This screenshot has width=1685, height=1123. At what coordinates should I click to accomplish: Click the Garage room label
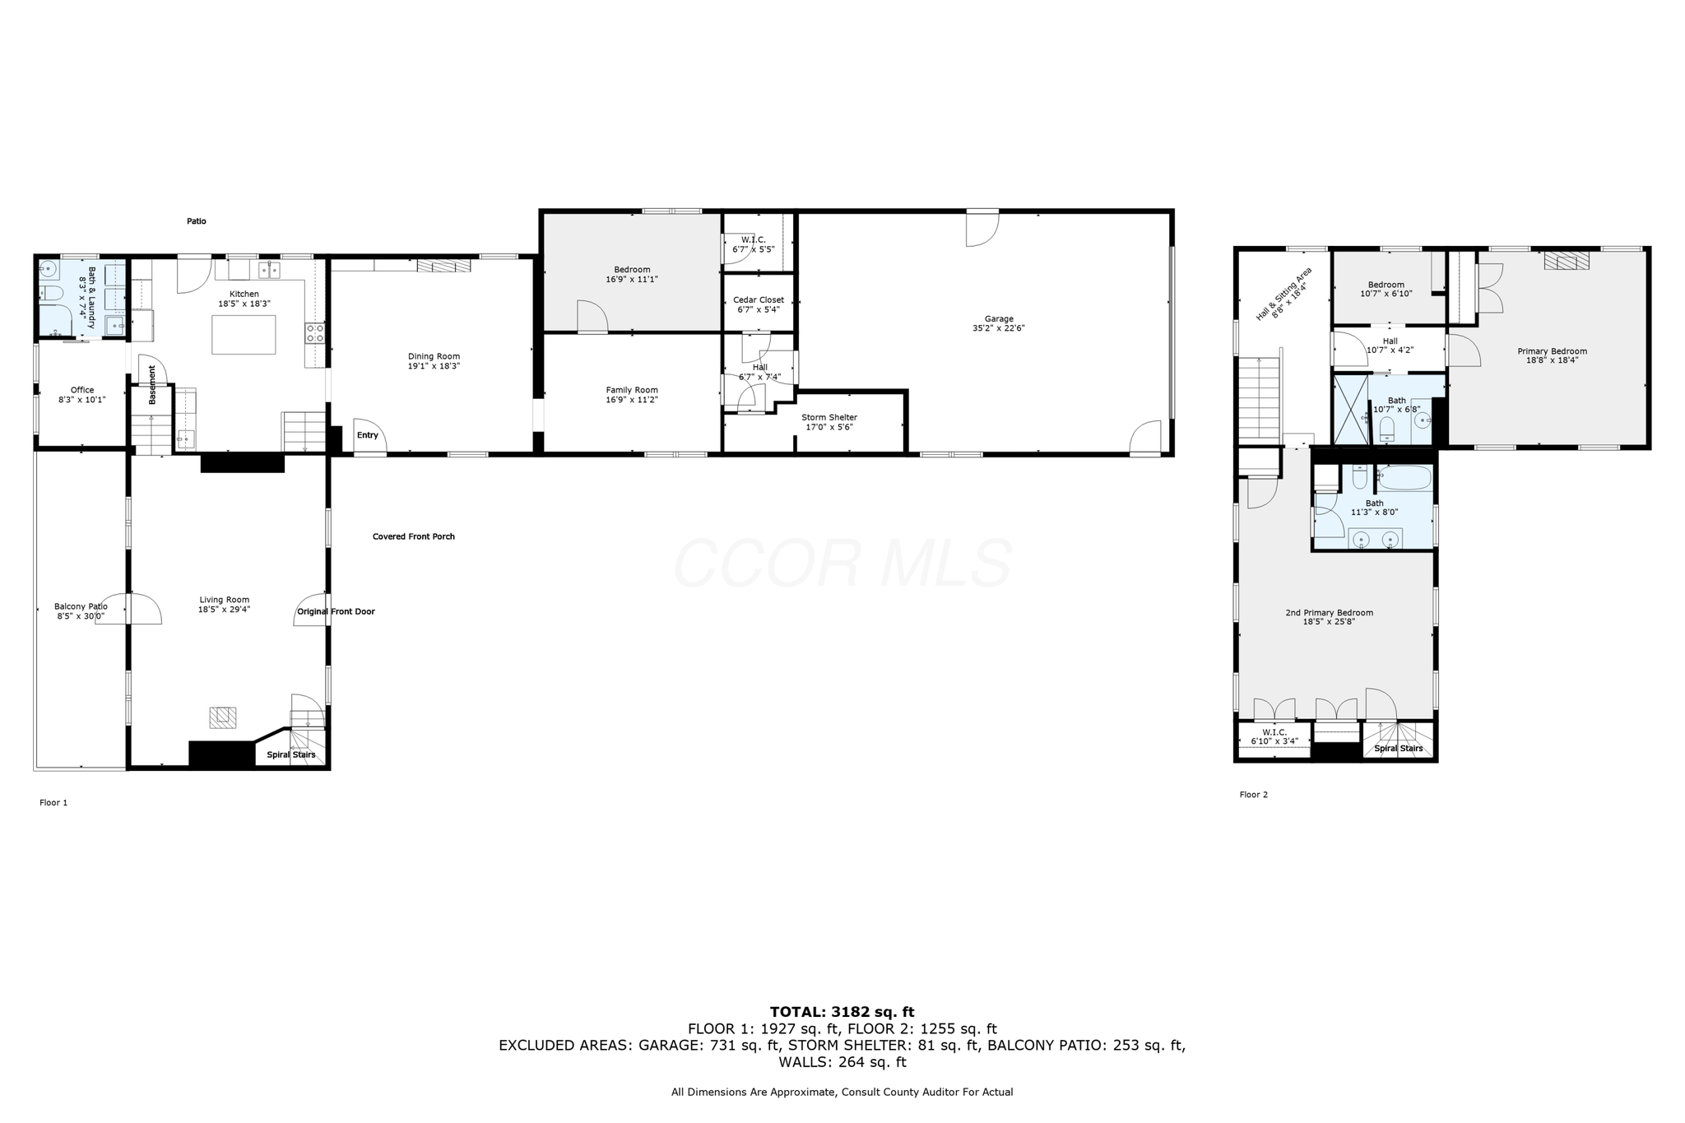999,318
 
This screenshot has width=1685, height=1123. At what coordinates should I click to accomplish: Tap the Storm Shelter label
829,417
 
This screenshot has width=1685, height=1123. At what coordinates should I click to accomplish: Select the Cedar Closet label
759,300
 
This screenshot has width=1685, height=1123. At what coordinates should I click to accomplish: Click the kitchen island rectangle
244,335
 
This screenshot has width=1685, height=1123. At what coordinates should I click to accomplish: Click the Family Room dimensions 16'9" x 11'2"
632,400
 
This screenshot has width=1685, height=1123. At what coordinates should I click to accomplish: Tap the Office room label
82,390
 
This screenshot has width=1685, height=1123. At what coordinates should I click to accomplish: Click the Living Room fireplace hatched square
223,717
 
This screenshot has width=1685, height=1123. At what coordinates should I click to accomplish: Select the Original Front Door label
336,611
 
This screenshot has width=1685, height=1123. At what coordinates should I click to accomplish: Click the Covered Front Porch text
414,536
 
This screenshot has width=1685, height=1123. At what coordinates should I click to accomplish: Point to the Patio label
196,221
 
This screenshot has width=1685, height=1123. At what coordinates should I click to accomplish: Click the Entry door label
368,435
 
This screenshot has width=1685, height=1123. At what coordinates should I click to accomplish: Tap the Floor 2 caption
1254,795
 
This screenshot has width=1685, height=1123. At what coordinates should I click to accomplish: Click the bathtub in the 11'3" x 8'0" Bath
1405,478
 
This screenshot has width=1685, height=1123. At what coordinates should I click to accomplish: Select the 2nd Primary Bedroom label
1330,612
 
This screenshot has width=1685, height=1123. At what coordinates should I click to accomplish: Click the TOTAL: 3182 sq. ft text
842,1012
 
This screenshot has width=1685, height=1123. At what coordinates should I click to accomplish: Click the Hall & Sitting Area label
1283,294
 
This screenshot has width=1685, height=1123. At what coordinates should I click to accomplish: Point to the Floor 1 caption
53,802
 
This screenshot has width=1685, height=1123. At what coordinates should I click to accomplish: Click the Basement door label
152,385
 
